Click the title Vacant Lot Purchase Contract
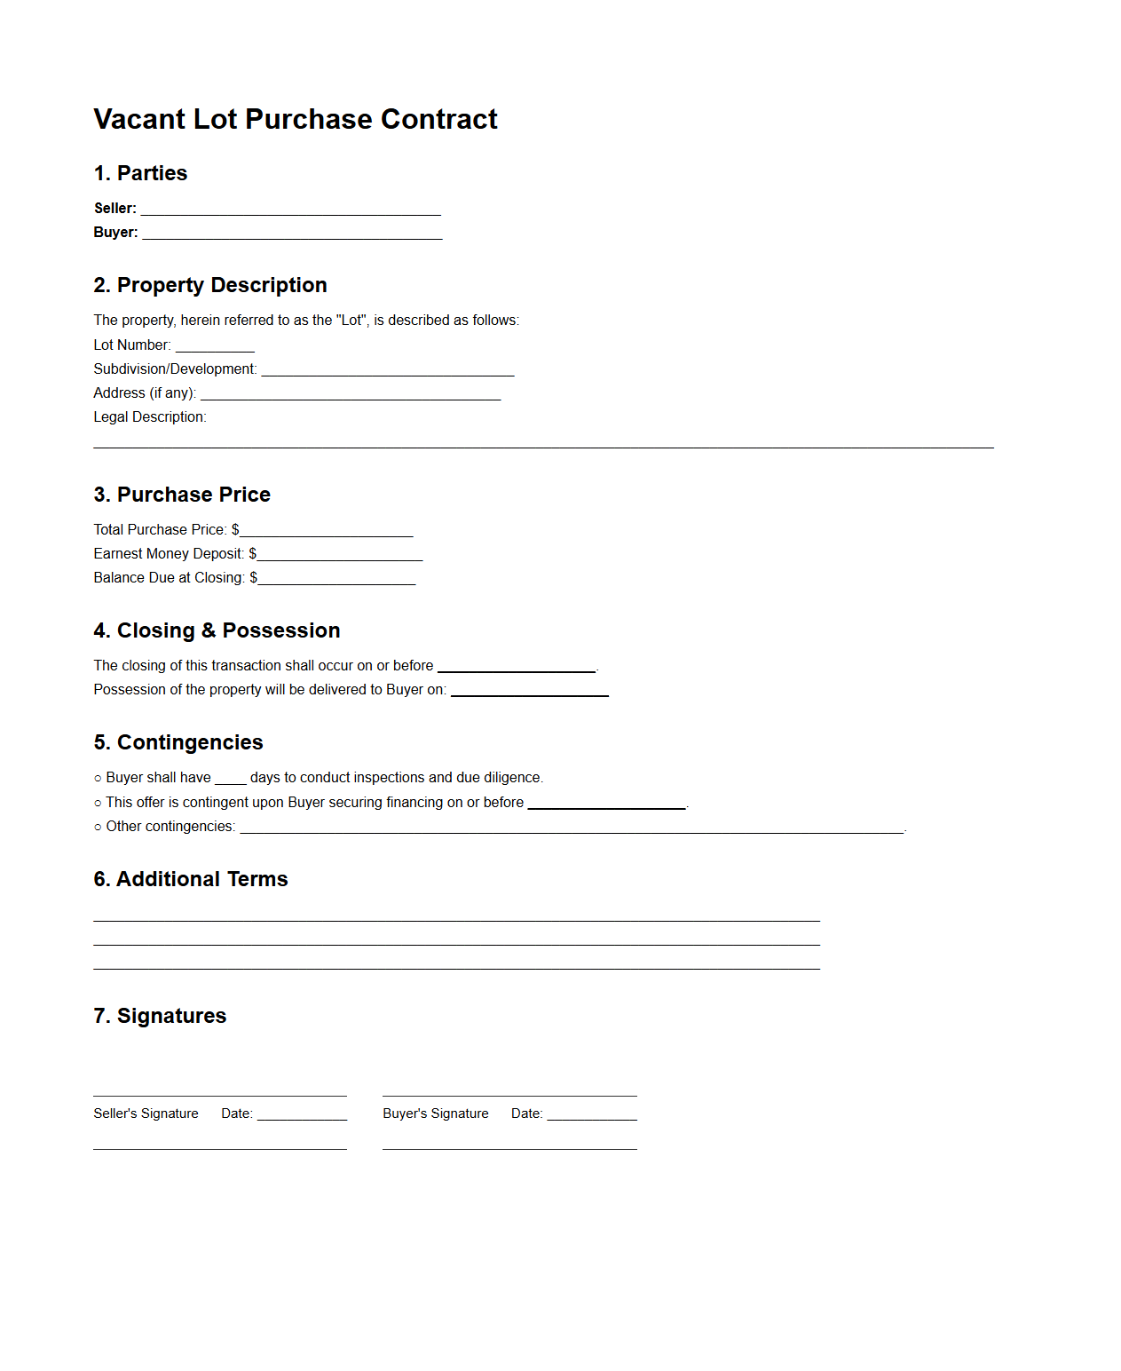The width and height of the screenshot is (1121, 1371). coord(295,119)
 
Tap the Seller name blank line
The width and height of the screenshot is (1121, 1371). coord(290,210)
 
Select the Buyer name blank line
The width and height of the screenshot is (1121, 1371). coord(292,234)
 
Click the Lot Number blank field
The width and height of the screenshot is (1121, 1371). coord(215,347)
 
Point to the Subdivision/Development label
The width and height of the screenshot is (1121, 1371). coord(175,369)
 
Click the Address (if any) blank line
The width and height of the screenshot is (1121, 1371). coord(351,395)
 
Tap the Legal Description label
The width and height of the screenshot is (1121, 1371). coord(149,416)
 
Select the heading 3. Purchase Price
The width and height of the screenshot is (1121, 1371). coord(182,495)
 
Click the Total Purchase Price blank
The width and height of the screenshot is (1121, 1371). coord(327,532)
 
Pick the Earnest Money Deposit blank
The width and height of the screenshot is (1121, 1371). coord(340,556)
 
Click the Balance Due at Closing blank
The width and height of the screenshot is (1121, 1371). coord(336,580)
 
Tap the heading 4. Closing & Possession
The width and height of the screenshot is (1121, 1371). coord(217,630)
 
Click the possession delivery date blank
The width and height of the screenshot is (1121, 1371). coord(530,692)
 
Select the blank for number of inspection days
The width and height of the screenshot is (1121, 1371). coord(231,780)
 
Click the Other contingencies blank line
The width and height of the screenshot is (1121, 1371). coord(572,828)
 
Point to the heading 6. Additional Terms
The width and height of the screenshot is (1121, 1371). coord(191,879)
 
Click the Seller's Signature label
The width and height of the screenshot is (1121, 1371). coord(146,1113)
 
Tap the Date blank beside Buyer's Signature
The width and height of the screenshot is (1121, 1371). coord(592,1115)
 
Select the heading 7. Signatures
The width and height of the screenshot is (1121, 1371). coord(160,1016)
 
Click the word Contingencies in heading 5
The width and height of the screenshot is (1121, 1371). coord(190,742)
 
